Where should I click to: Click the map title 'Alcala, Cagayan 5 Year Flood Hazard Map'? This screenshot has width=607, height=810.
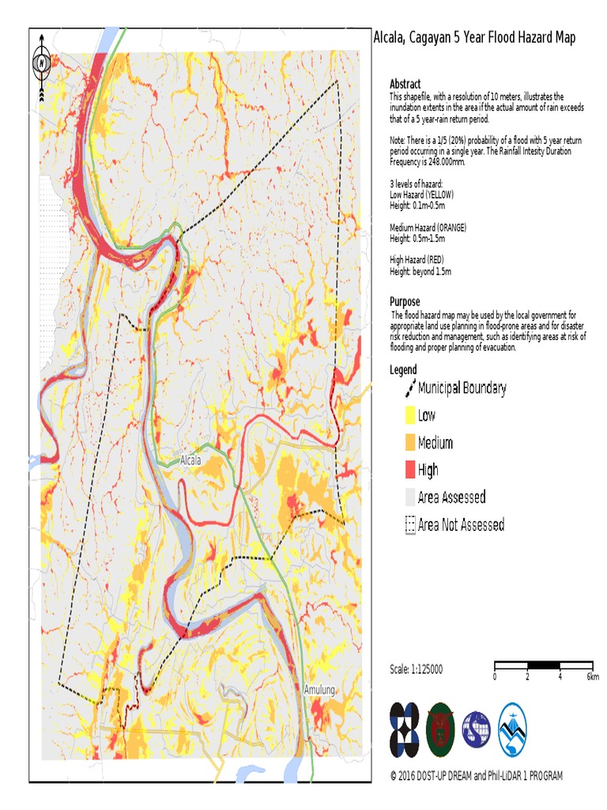coord(474,38)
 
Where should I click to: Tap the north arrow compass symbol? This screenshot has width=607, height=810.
coord(42,63)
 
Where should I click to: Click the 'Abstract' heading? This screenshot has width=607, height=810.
coord(405,84)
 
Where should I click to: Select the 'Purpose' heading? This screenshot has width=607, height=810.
coord(406,301)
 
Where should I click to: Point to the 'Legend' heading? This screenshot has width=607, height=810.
coord(404,369)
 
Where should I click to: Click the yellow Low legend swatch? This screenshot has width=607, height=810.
coord(409,415)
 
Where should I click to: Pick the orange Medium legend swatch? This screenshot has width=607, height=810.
coord(409,443)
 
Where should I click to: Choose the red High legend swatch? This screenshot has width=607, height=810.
coord(409,470)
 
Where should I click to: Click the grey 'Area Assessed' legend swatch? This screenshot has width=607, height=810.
coord(409,498)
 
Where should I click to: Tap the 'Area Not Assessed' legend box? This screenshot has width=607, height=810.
coord(409,524)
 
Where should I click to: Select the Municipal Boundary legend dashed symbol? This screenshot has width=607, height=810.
coord(409,388)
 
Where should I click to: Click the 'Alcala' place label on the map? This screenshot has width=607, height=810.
coord(190,460)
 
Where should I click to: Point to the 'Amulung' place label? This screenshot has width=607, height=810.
coord(319,690)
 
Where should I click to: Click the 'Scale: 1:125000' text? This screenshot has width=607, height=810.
coord(417,669)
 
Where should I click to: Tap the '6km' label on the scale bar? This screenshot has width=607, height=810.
coord(592,677)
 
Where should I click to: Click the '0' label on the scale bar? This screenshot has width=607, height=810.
coord(495,677)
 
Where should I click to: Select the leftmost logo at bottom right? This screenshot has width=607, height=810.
coord(405,729)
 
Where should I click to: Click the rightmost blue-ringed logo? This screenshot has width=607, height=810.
coord(512,729)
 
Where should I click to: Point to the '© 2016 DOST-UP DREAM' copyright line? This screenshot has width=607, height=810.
coord(477,776)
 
